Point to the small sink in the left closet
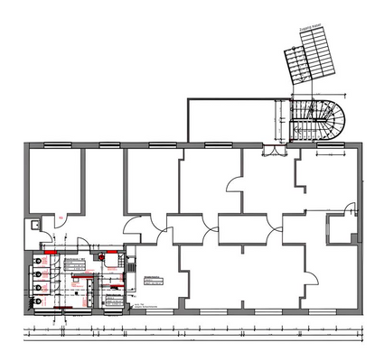click(x=33, y=223)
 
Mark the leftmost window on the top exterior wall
click(x=59, y=143)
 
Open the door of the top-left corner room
click(x=63, y=217)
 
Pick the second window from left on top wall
click(x=108, y=143)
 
